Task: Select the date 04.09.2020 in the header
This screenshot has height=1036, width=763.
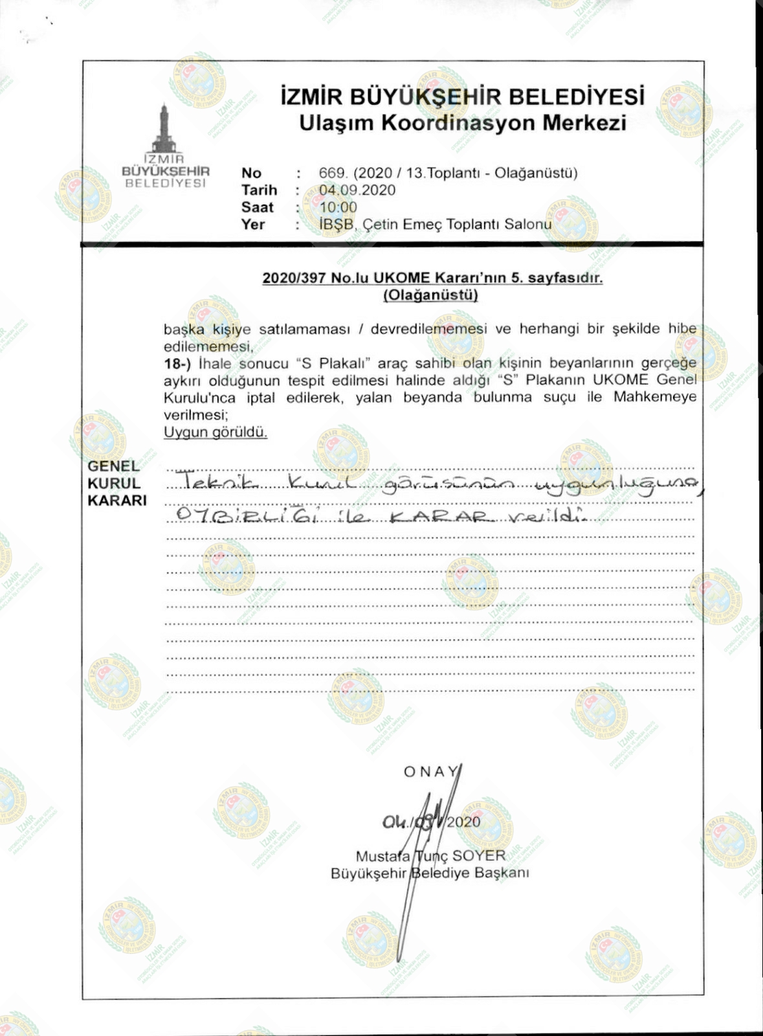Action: tap(357, 190)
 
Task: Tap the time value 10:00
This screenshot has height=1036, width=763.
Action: tap(338, 207)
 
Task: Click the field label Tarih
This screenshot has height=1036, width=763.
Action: tap(259, 190)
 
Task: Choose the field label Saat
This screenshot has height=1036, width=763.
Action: tap(257, 207)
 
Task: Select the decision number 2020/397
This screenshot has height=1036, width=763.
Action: tap(294, 278)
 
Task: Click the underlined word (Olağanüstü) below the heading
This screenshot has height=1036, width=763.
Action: tap(430, 295)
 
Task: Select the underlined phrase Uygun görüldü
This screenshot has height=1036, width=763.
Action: tap(215, 432)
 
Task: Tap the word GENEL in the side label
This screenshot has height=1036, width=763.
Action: tap(113, 466)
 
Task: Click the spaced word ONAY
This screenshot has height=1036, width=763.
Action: tap(430, 772)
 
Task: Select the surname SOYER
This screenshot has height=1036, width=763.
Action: tap(479, 856)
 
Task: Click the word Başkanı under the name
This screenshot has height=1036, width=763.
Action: tap(502, 873)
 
